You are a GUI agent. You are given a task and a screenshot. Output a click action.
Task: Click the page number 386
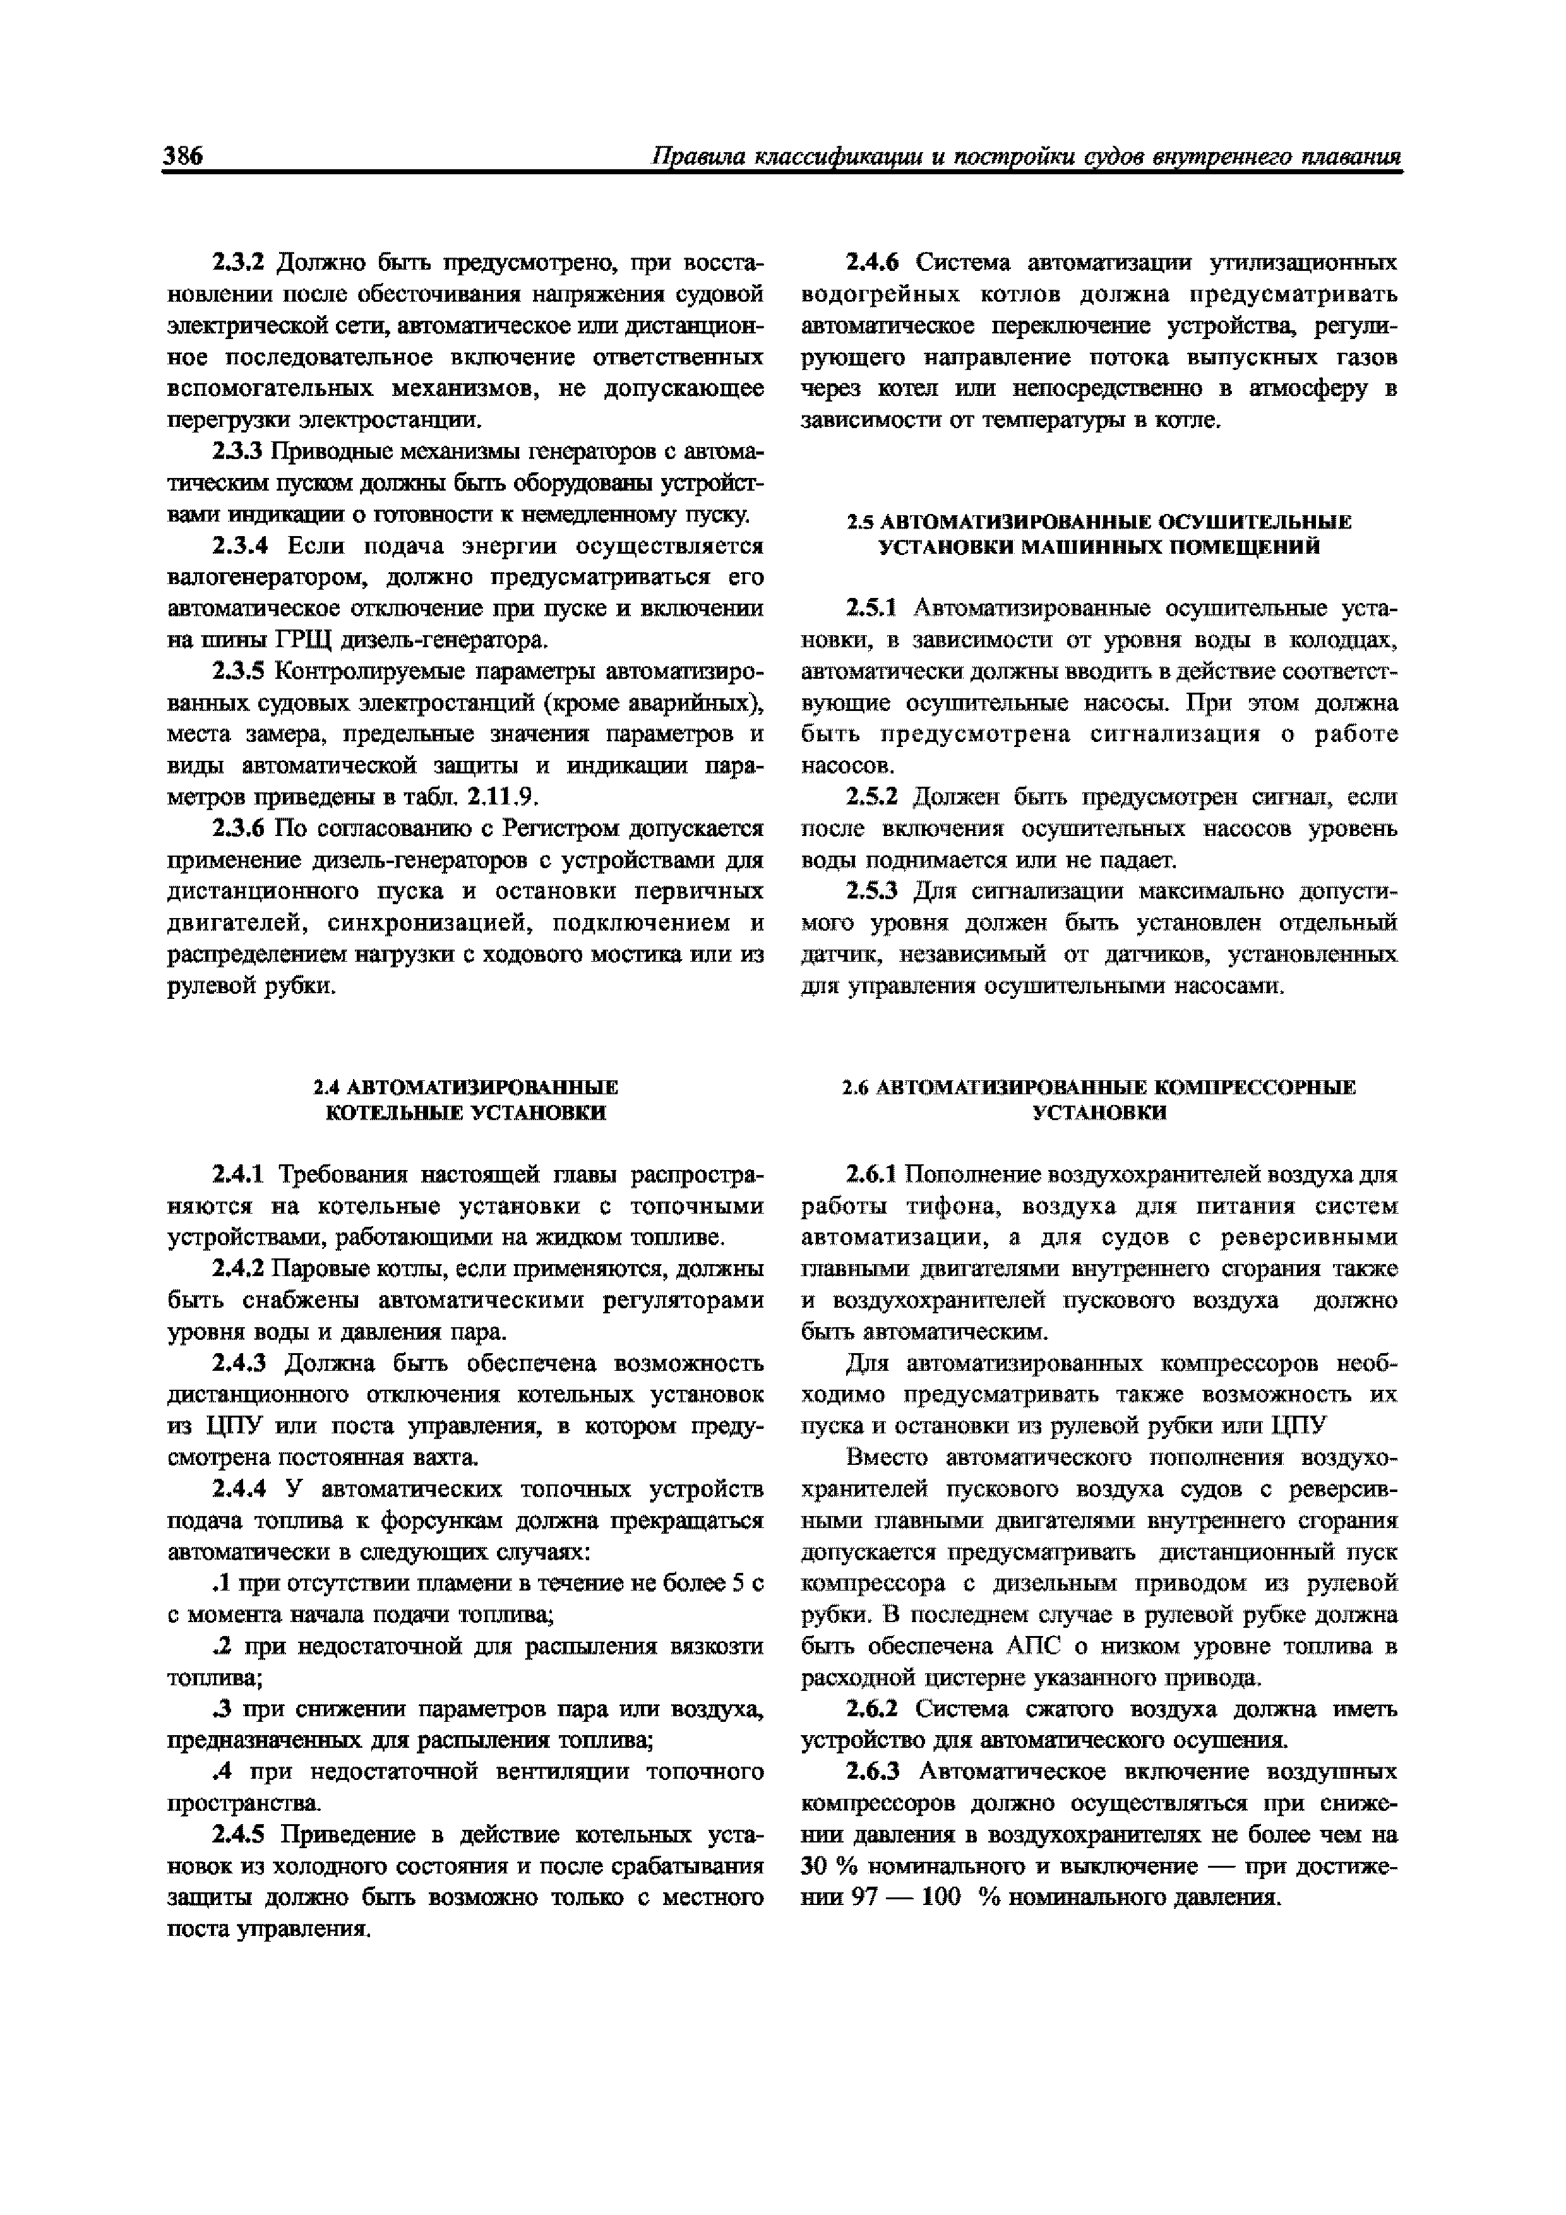183,157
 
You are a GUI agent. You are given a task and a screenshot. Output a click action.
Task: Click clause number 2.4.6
872,263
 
